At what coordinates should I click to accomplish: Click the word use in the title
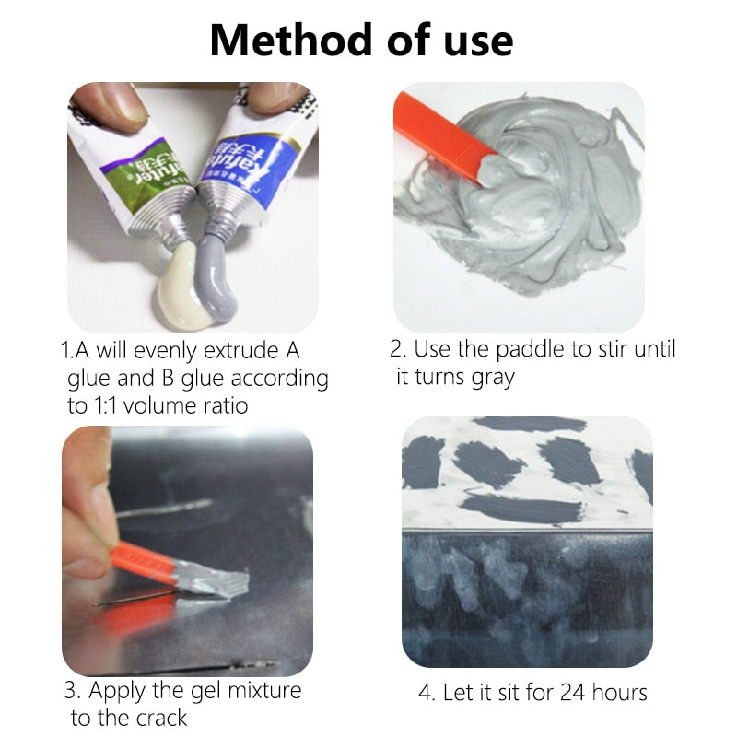[x=474, y=41]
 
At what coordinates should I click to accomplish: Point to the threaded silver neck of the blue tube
[x=218, y=213]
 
